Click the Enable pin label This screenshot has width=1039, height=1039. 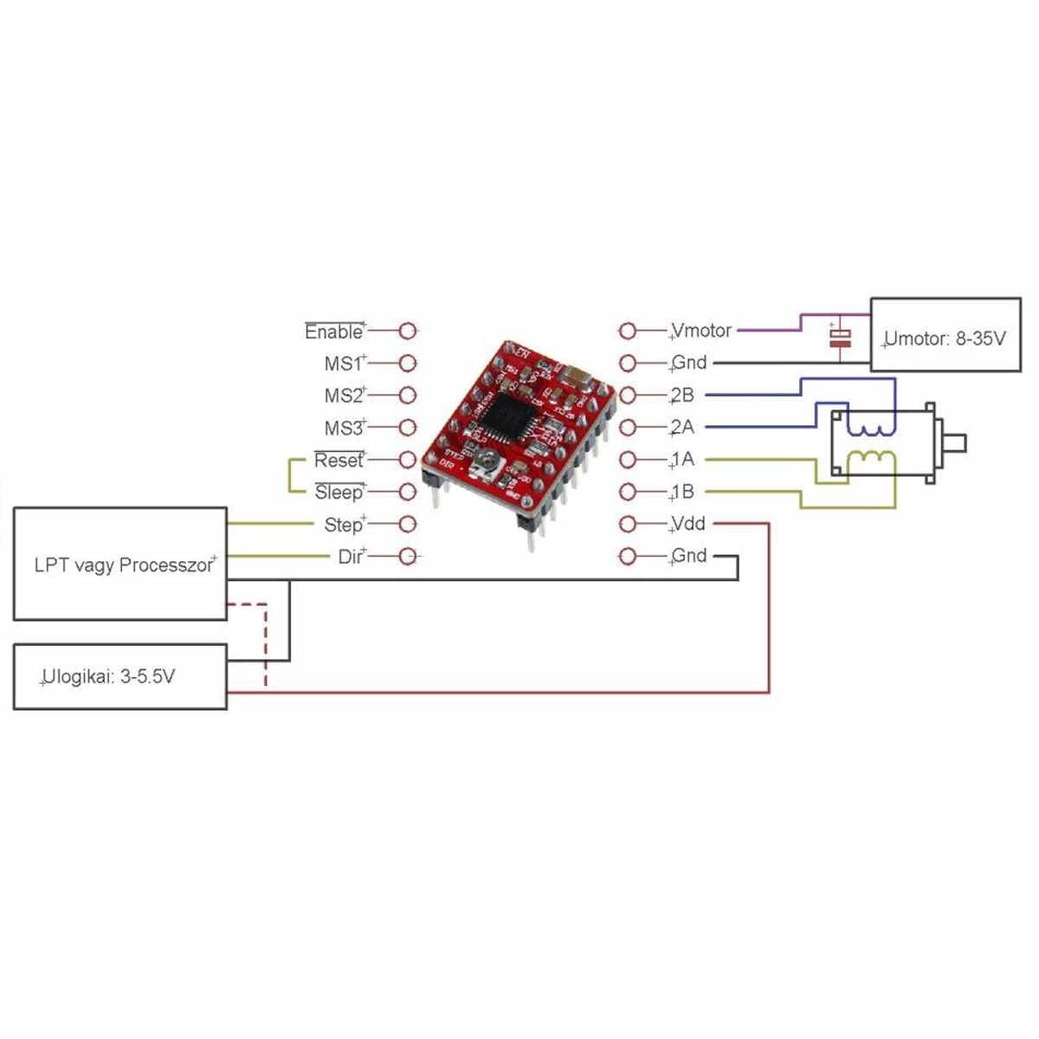click(334, 332)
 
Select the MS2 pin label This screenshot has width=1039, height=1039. click(344, 396)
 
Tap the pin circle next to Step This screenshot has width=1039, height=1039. click(408, 524)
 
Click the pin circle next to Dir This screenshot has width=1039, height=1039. click(408, 556)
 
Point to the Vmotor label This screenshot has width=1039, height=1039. click(701, 331)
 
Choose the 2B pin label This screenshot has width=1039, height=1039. click(682, 395)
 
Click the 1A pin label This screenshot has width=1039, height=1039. click(682, 459)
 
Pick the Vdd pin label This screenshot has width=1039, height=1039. click(688, 524)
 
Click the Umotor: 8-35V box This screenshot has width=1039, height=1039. click(945, 335)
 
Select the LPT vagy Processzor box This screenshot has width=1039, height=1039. click(120, 564)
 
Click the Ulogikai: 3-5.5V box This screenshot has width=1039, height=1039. click(120, 677)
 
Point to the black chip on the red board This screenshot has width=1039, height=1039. click(505, 418)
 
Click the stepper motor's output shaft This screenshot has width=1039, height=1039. click(952, 444)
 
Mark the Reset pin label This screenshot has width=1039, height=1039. click(339, 460)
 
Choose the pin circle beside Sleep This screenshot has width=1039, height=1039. click(408, 492)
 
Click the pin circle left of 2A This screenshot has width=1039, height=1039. click(628, 427)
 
